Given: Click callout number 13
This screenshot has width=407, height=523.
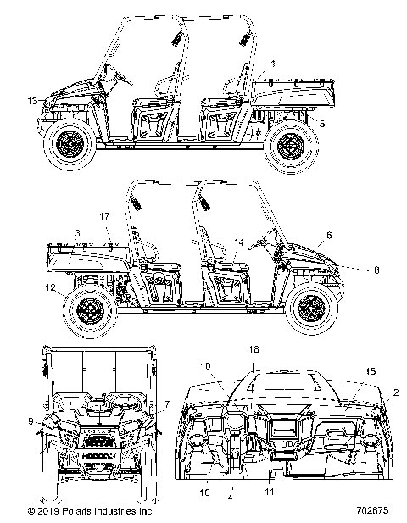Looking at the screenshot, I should tap(31, 101).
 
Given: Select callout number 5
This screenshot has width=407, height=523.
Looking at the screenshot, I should tap(321, 122).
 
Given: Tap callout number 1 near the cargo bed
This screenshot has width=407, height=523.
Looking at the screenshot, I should tap(273, 63).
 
